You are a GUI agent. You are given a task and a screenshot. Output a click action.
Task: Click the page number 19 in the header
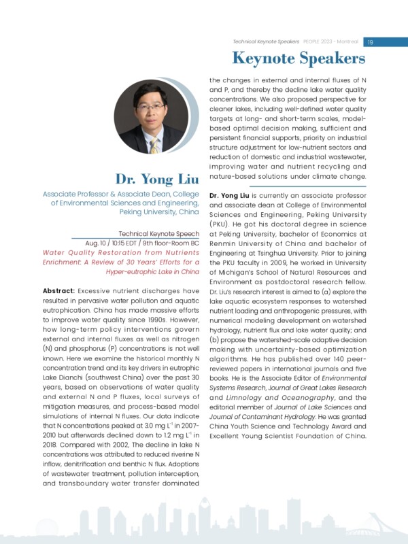[x=371, y=41]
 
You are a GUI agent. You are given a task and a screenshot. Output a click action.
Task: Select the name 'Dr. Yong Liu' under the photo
[x=157, y=180]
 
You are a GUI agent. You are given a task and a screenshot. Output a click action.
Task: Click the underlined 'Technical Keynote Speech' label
[x=158, y=233]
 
